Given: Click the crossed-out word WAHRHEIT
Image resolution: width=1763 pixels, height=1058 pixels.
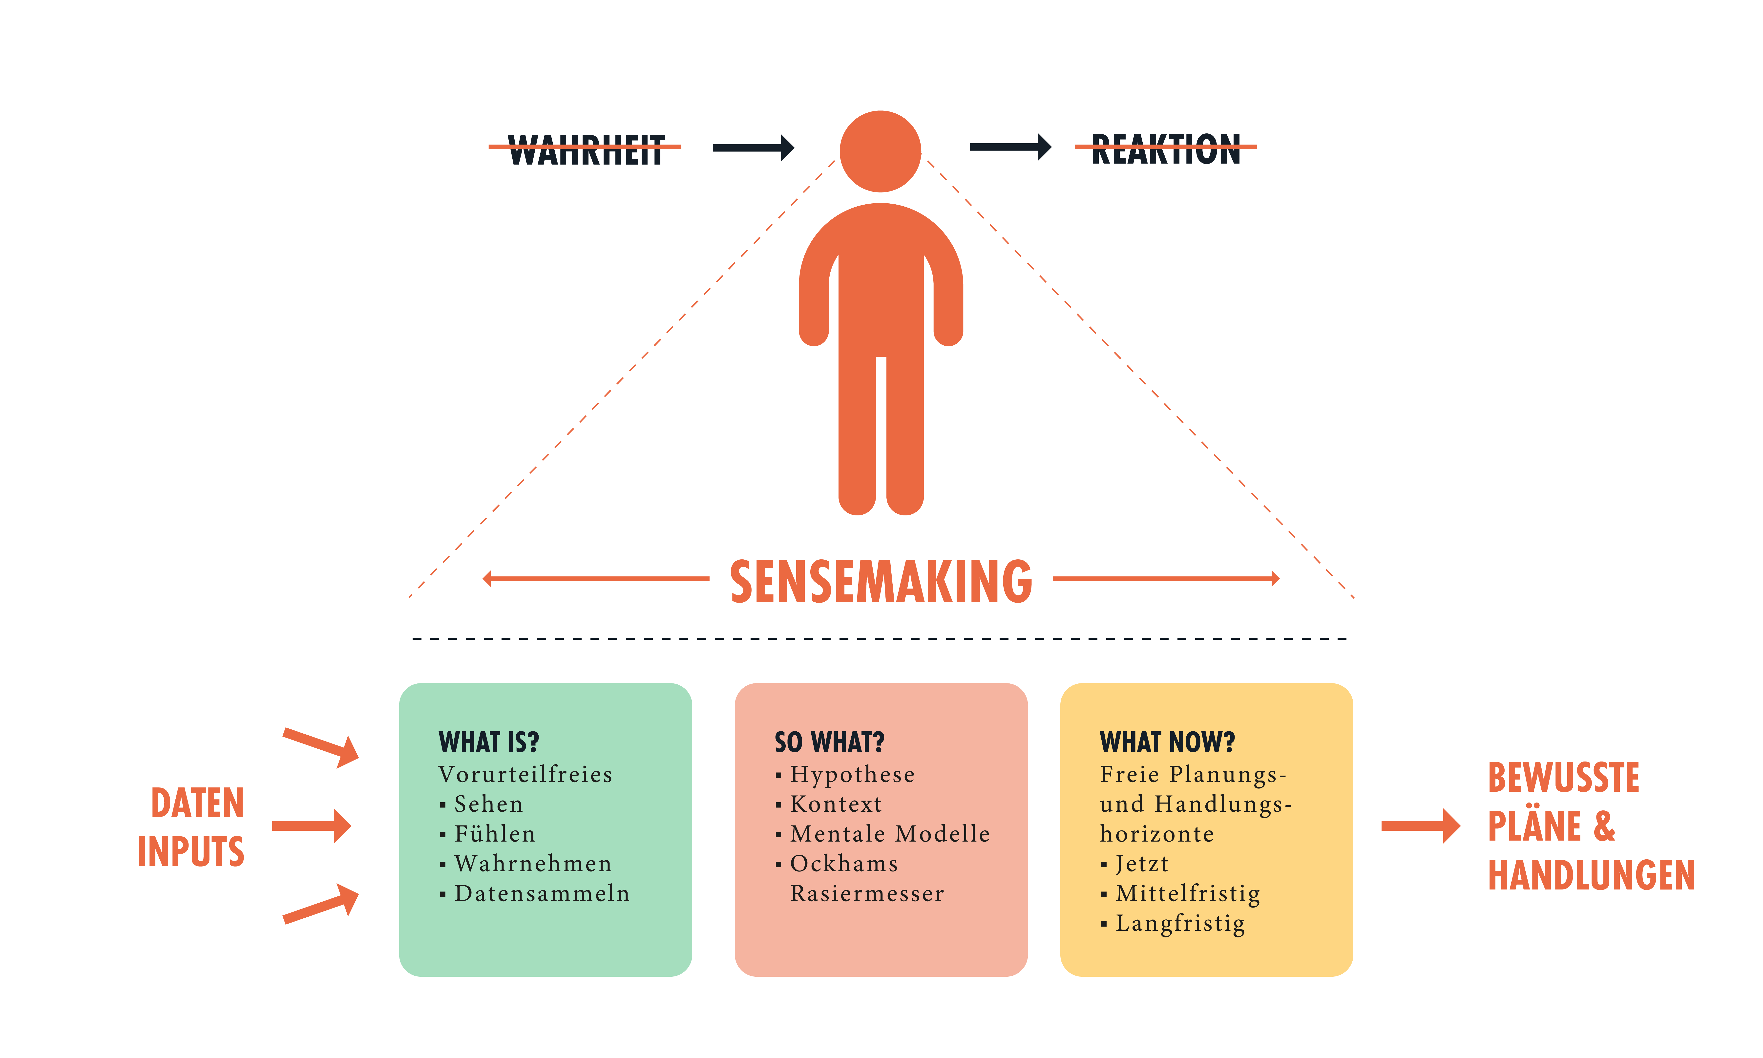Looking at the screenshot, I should (585, 150).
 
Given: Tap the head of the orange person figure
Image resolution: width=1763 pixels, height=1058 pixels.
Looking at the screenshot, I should (881, 151).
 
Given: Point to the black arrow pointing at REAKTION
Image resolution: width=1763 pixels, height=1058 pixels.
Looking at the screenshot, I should (1010, 147).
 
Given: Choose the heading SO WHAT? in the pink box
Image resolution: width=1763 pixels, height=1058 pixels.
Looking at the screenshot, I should (829, 742).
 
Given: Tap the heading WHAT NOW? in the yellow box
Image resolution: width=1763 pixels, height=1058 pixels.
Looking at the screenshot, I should (1167, 742).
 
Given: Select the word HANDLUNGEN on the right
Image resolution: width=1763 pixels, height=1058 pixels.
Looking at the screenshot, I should (1591, 875).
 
